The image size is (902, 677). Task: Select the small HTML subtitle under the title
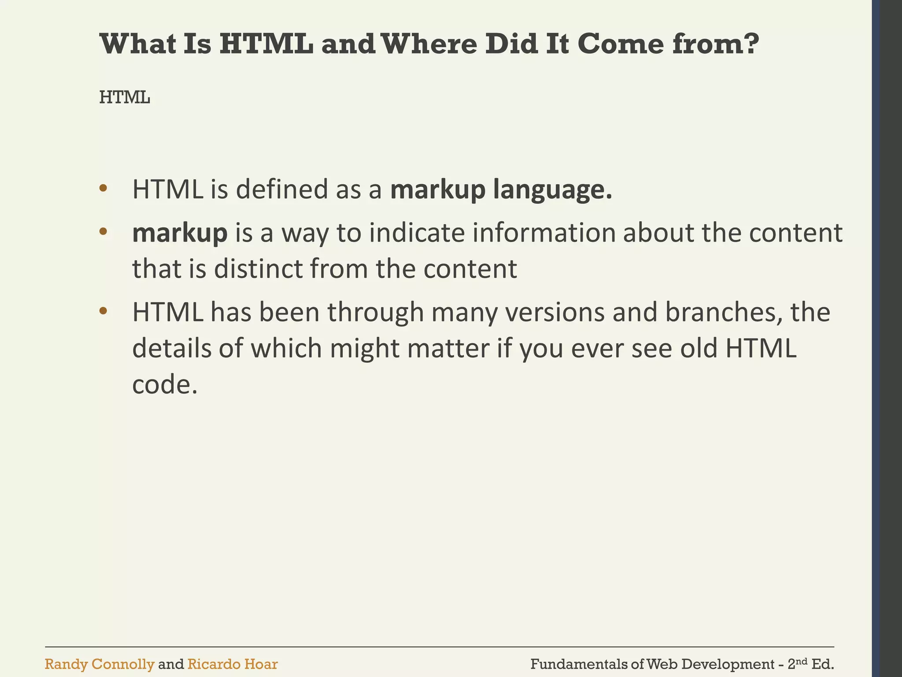125,97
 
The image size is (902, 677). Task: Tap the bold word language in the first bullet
553,190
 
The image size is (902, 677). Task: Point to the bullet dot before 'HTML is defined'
103,189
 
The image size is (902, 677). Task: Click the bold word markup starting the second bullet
180,234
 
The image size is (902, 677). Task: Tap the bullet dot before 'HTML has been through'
103,311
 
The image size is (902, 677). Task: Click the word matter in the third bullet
448,348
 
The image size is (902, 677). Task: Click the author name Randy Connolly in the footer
100,664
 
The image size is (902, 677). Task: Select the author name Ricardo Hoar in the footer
233,664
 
